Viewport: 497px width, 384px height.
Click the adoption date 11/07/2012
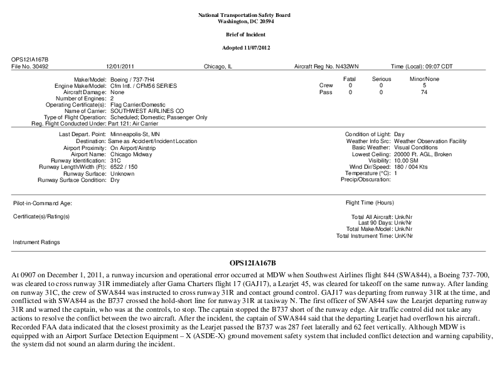point(260,48)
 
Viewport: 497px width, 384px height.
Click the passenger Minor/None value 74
point(425,92)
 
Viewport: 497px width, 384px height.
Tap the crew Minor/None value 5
point(425,85)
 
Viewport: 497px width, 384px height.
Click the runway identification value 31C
point(115,160)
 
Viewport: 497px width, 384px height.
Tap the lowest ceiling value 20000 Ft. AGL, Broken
point(427,154)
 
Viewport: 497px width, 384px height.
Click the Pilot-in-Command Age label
point(43,203)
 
